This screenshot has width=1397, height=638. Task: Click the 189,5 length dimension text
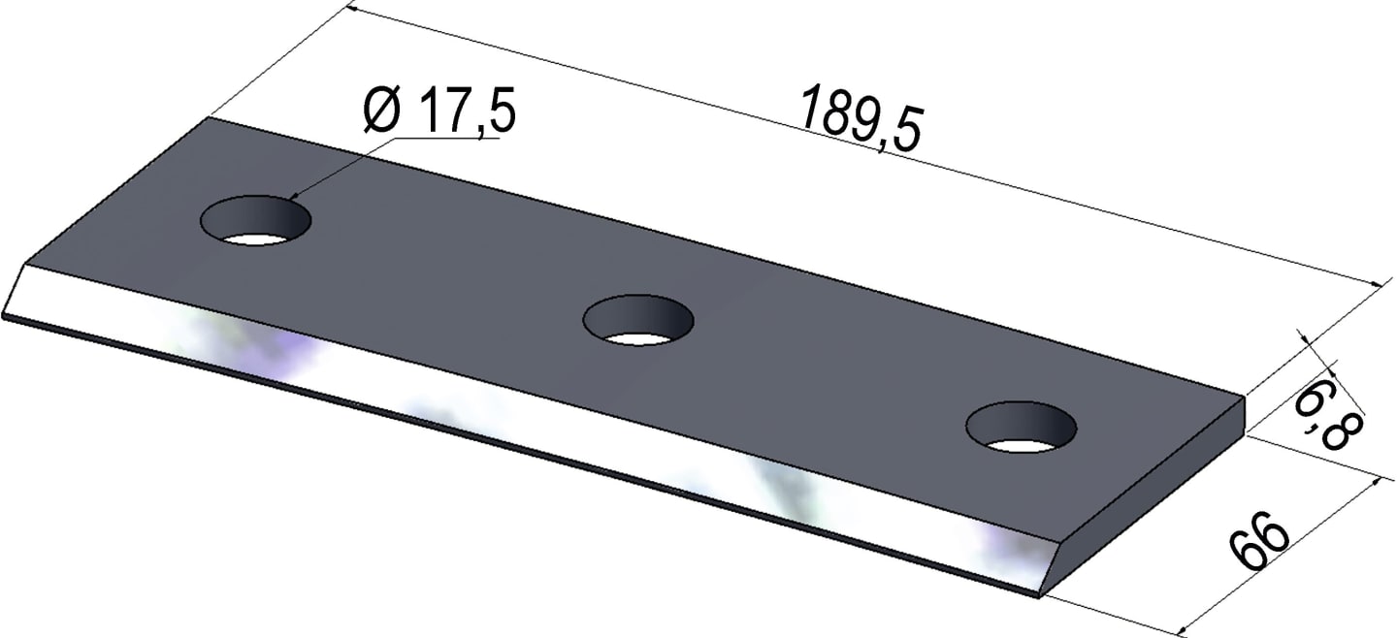coord(861,119)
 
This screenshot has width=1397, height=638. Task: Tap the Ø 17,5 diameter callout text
coord(440,111)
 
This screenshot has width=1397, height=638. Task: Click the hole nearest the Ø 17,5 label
coord(256,220)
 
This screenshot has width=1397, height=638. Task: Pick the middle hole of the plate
coord(638,320)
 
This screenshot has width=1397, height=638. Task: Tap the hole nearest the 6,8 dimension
coord(1022,427)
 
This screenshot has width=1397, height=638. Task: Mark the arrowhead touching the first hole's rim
coord(294,196)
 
